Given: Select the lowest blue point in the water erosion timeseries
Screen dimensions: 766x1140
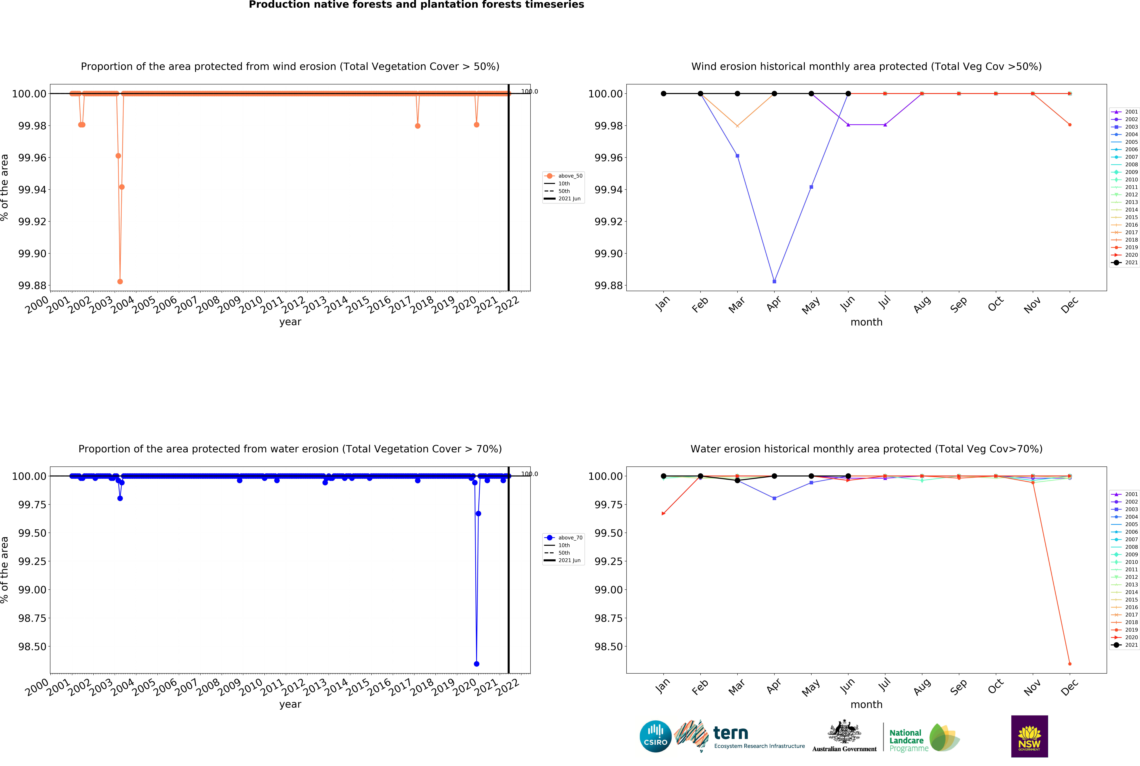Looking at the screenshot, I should pos(476,664).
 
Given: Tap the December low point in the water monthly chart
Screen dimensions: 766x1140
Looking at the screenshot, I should pos(1070,664).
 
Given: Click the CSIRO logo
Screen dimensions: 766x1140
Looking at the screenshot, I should pos(655,736).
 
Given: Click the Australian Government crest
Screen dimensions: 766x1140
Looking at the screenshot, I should pos(844,733).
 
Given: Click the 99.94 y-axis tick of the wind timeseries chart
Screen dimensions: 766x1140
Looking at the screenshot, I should pos(32,190).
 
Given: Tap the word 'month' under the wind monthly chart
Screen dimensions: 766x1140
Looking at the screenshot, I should pos(866,322).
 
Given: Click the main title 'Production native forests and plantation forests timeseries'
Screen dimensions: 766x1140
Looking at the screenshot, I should pos(416,5).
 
